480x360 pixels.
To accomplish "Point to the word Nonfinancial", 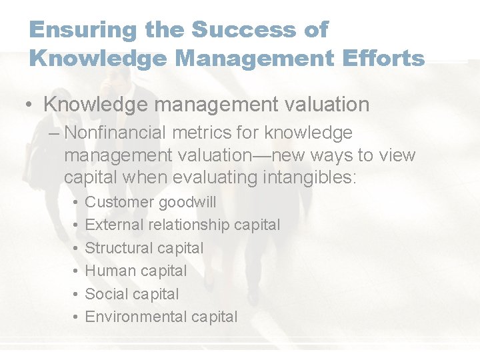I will [x=114, y=133].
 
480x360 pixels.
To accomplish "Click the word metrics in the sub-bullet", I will [x=197, y=133].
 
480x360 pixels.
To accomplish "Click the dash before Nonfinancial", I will [x=54, y=133].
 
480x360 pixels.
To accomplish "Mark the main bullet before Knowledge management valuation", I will [x=31, y=105].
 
